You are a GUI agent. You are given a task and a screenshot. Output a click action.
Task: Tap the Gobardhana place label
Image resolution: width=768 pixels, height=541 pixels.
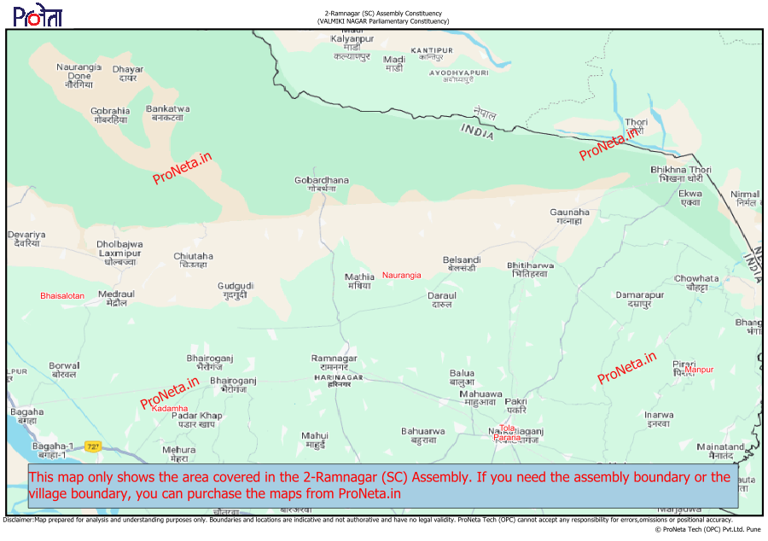322,184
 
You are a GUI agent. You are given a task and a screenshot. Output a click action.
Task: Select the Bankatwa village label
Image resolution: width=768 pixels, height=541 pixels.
167,113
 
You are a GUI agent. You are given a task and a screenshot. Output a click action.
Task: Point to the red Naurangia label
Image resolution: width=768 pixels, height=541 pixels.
401,275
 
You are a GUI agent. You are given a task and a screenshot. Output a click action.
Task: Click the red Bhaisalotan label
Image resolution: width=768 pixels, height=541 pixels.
62,296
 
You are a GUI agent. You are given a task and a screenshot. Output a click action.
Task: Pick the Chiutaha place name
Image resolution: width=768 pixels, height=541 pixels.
194,260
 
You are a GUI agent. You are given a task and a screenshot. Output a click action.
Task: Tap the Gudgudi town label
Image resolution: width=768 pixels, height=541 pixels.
236,290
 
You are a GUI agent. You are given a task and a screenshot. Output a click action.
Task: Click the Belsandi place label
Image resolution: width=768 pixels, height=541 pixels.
462,264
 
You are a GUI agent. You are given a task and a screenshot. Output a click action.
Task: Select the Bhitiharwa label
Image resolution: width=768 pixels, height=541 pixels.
530,270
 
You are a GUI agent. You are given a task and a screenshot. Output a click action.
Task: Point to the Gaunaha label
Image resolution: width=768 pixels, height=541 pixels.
569,216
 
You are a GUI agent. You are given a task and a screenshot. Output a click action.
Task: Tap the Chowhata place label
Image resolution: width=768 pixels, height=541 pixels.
696,282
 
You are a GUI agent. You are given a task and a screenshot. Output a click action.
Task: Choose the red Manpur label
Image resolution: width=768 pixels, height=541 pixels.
699,369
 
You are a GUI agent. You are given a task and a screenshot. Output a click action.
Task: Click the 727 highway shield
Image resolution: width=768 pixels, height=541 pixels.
93,445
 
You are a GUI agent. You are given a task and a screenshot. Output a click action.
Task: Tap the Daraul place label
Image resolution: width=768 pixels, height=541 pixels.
441,300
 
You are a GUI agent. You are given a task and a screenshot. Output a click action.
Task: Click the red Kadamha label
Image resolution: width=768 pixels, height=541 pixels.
170,409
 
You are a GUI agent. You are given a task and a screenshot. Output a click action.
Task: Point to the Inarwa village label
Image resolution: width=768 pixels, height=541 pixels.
658,419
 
